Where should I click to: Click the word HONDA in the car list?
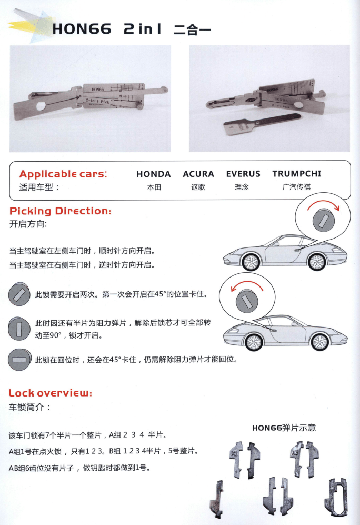click(154, 174)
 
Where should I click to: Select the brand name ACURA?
click(198, 174)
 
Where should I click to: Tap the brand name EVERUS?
click(243, 174)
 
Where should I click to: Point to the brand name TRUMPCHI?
click(296, 174)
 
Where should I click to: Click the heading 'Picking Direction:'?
click(61, 211)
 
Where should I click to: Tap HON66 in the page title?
click(82, 30)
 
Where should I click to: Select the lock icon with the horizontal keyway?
click(19, 361)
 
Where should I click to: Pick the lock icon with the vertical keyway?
click(19, 329)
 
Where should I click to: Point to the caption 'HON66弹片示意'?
click(284, 428)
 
